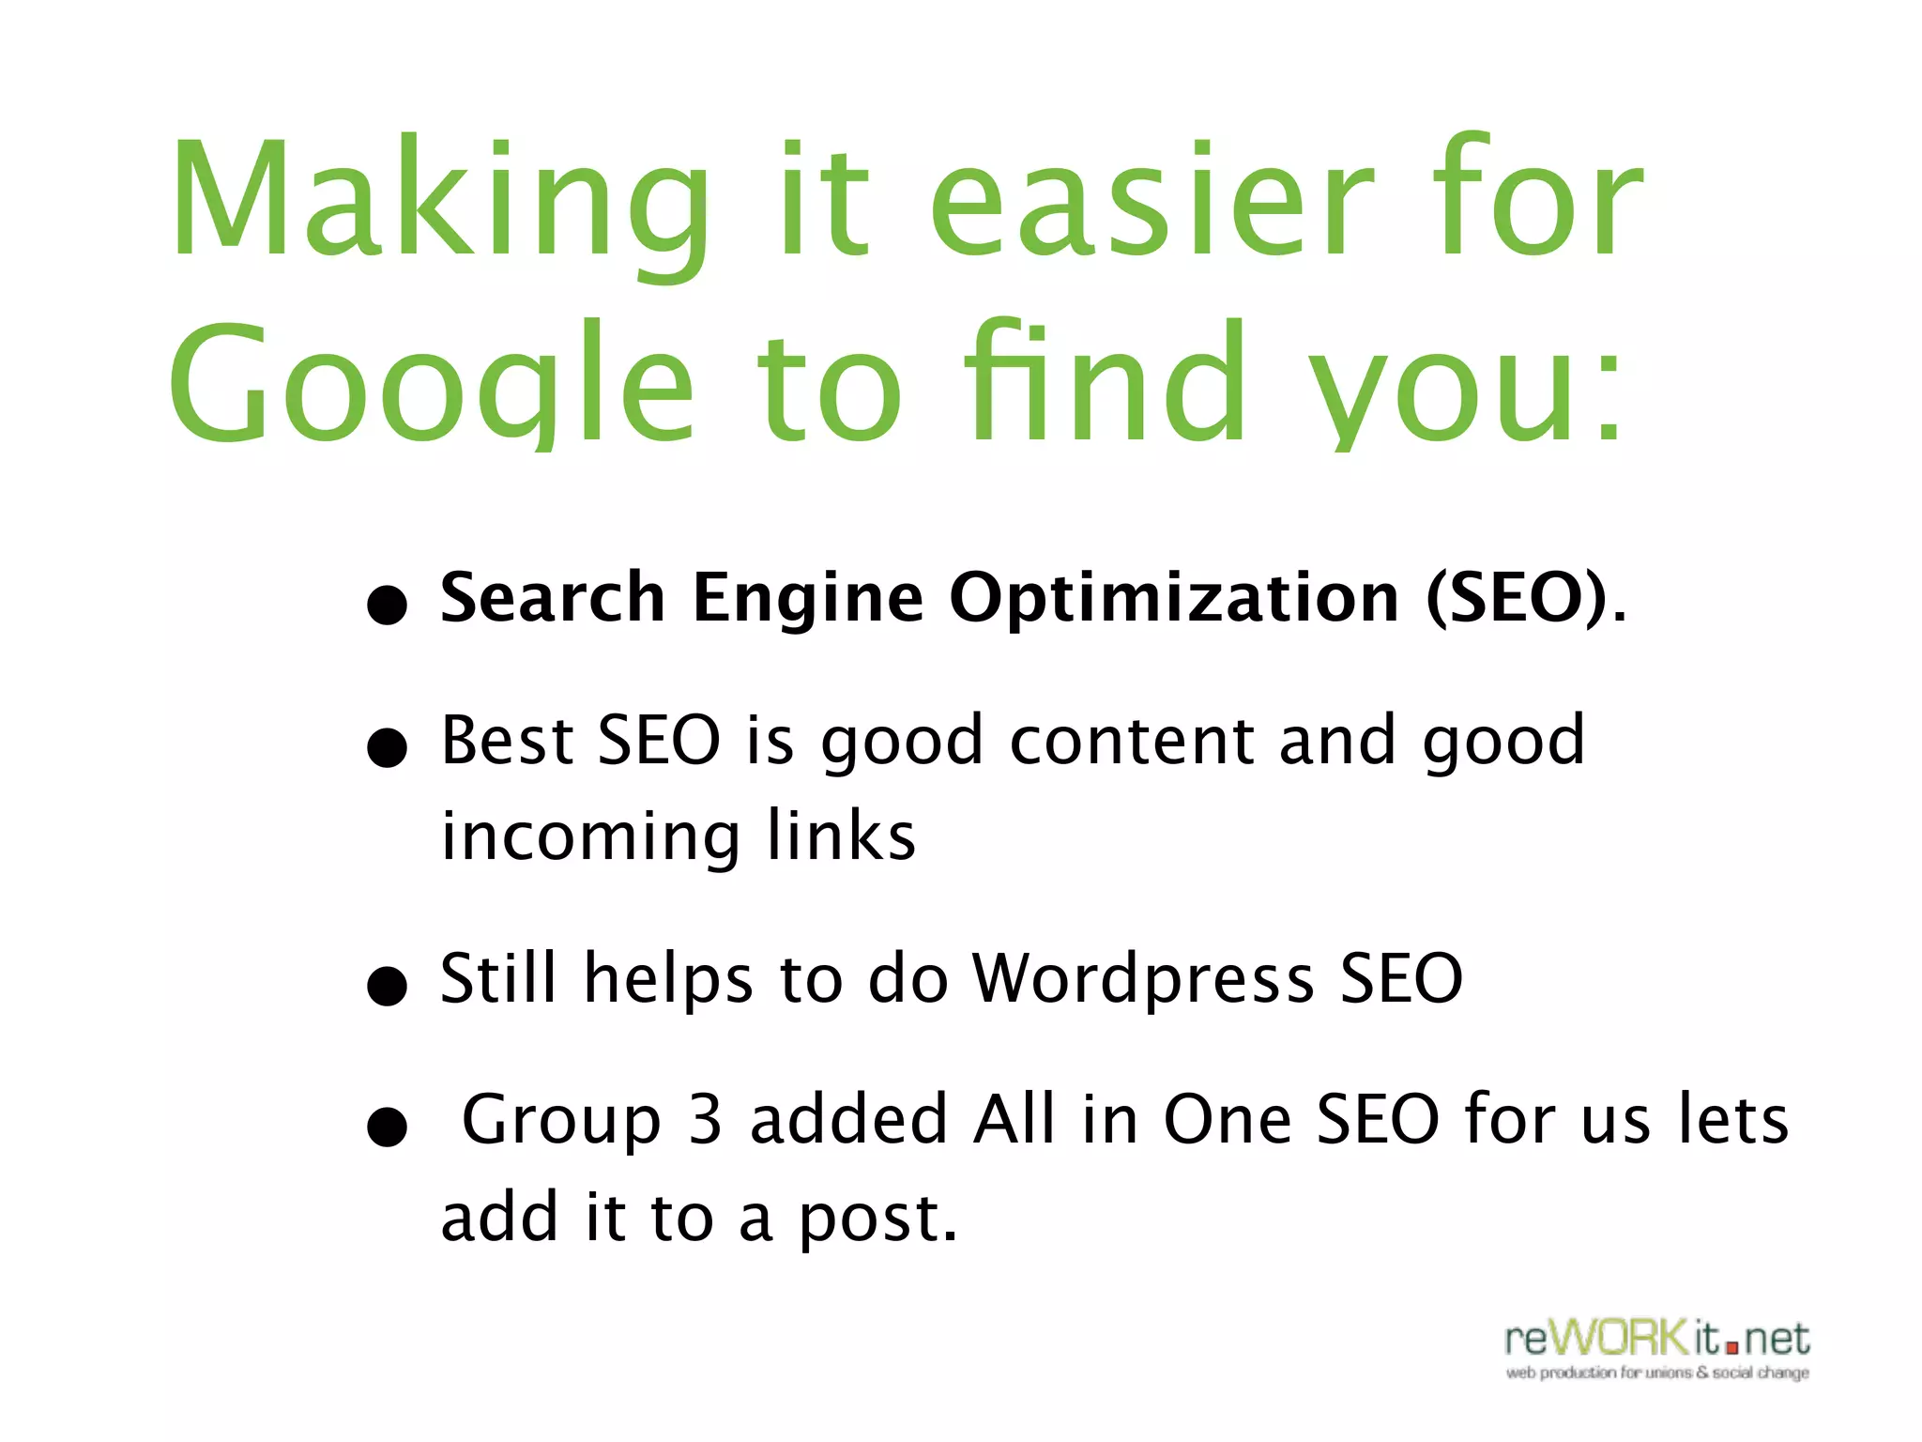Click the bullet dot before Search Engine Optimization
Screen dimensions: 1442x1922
click(x=387, y=606)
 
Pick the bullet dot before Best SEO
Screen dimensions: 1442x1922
click(x=387, y=749)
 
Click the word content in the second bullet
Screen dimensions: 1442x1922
click(x=1132, y=741)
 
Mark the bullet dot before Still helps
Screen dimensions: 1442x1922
click(x=387, y=987)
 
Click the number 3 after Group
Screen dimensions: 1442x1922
click(x=705, y=1119)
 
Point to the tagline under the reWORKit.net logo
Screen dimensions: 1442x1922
click(x=1657, y=1373)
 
